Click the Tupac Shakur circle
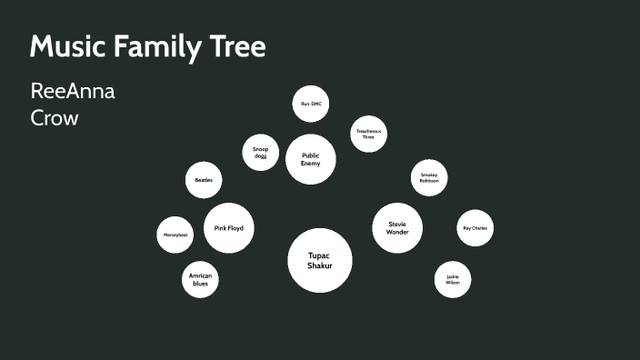click(x=320, y=260)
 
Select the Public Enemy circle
click(x=311, y=159)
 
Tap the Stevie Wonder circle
click(x=398, y=227)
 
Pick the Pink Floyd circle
click(x=228, y=227)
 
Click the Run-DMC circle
click(x=311, y=104)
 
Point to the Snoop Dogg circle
click(x=260, y=152)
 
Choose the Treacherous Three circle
click(x=368, y=134)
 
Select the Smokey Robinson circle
click(x=429, y=178)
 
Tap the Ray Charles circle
click(x=475, y=228)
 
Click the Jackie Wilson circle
click(x=453, y=280)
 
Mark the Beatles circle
click(x=203, y=180)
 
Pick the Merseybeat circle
click(x=175, y=235)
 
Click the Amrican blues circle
click(x=200, y=279)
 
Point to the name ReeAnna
click(x=73, y=92)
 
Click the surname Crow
click(x=55, y=117)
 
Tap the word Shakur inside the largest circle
click(x=320, y=265)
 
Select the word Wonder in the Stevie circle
click(x=398, y=232)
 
